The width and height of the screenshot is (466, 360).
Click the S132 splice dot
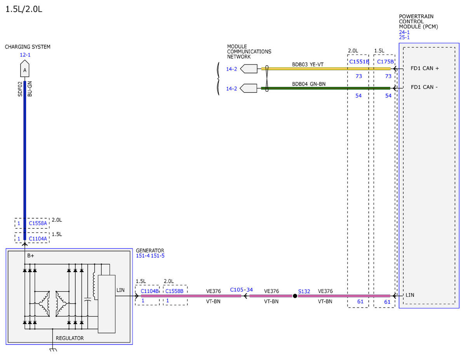point(295,296)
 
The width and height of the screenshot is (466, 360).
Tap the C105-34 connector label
point(241,290)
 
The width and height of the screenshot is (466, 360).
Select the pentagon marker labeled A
point(25,68)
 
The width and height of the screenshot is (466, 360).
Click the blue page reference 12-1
point(25,55)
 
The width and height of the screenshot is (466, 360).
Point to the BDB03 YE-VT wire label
point(308,64)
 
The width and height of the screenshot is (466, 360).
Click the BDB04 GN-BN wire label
point(309,84)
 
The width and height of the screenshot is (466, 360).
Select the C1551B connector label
point(359,61)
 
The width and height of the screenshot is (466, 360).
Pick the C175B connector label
point(385,61)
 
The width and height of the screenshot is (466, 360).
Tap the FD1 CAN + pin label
point(424,68)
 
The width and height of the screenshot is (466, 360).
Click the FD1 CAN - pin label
point(424,87)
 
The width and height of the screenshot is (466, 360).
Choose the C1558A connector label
point(38,223)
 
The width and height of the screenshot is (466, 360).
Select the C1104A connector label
point(38,239)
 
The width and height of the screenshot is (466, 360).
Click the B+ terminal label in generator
point(30,256)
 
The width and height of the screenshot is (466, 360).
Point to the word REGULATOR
point(70,338)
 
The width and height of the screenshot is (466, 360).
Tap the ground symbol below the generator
point(53,350)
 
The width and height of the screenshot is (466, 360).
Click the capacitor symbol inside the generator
point(87,299)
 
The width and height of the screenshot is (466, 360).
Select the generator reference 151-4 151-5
point(150,256)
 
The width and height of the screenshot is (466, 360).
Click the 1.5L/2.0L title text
point(24,9)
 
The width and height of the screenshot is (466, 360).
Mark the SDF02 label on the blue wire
point(20,89)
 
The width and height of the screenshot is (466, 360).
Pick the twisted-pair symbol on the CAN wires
point(267,78)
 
